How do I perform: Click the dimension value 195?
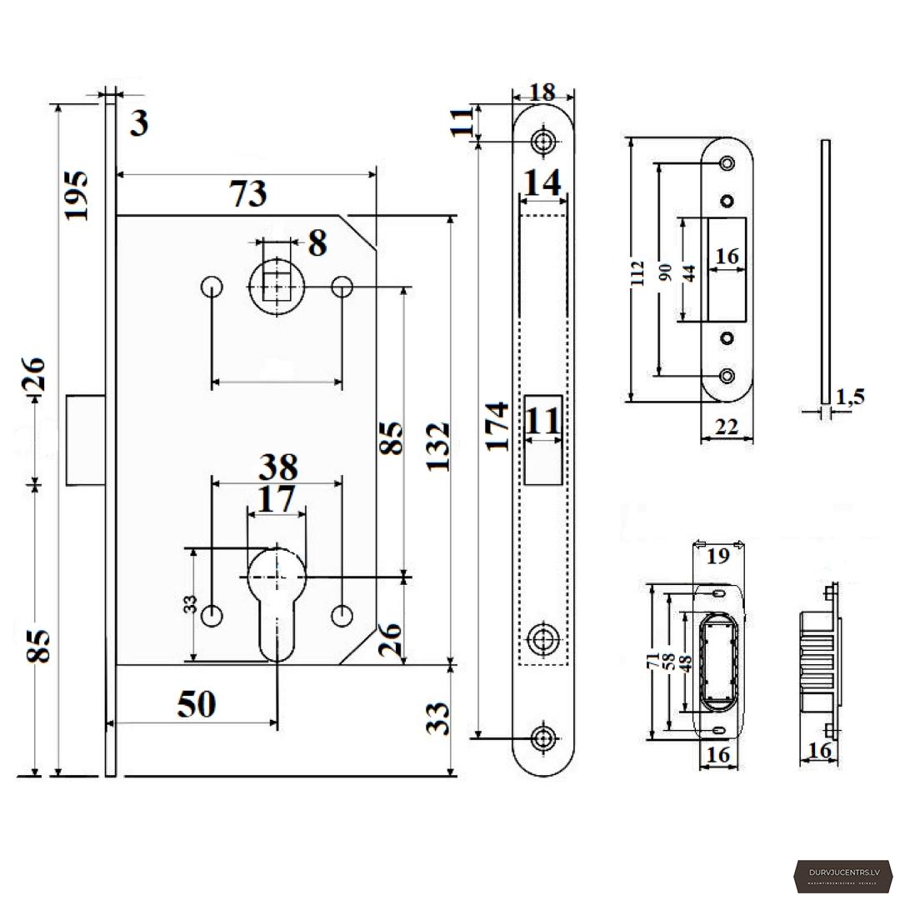click(76, 194)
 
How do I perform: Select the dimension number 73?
click(248, 193)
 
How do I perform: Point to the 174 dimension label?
click(497, 425)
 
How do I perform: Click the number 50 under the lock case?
click(197, 705)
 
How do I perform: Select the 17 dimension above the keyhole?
click(276, 500)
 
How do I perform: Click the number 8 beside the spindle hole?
click(317, 244)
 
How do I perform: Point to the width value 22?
click(727, 427)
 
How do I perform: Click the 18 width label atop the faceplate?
click(542, 92)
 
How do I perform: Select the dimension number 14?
click(543, 182)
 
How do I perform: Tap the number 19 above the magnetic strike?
click(717, 556)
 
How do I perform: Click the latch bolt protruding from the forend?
click(85, 440)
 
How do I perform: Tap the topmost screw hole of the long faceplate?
click(544, 141)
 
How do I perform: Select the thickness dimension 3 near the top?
click(139, 123)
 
